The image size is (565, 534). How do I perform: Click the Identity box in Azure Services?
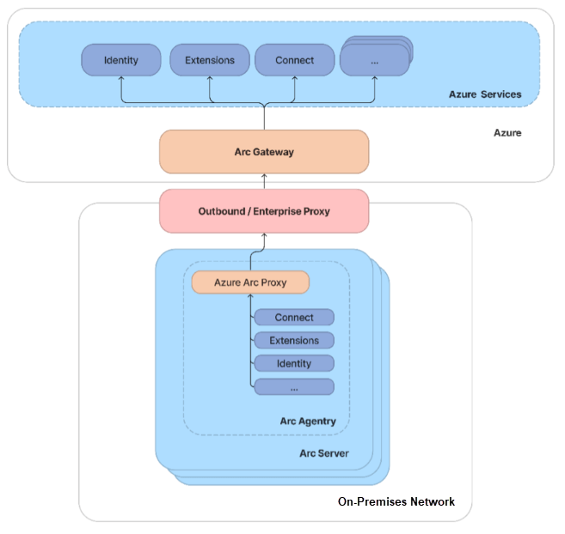click(121, 60)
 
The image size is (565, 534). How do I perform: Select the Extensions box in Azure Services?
click(209, 60)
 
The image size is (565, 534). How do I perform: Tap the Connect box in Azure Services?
click(295, 60)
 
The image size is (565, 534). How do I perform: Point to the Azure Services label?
click(485, 94)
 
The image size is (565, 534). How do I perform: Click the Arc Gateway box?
click(264, 152)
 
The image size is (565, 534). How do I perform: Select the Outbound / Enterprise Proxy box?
click(264, 211)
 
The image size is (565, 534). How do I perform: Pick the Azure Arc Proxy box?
click(250, 282)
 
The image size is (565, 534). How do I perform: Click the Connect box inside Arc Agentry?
click(294, 318)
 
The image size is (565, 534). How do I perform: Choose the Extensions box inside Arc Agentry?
click(294, 341)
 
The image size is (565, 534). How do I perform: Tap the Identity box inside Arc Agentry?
click(294, 364)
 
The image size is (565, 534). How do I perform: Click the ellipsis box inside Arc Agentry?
click(294, 387)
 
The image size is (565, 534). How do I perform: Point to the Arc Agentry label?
click(308, 422)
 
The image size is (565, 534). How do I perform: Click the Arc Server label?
click(323, 452)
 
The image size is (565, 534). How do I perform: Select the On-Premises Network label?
click(396, 501)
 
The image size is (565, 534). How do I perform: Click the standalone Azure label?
click(507, 133)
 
